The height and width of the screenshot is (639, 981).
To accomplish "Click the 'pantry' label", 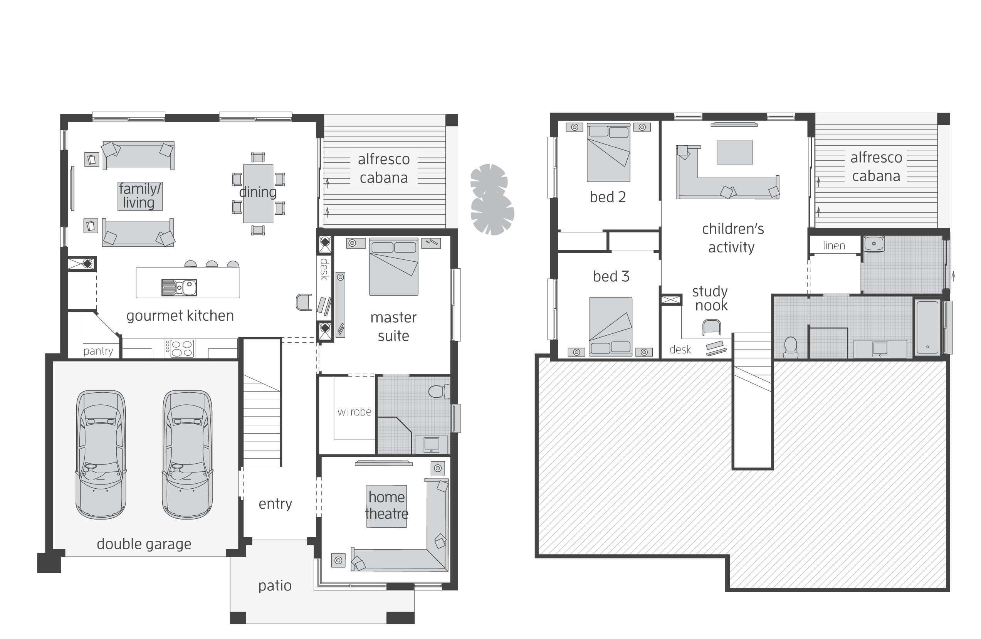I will pos(98,351).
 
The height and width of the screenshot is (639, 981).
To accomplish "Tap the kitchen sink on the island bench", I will pos(179,288).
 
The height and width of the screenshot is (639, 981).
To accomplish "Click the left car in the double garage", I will pos(101,454).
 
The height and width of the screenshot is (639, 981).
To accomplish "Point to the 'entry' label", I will pos(275,503).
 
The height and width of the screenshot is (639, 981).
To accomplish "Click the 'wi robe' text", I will pos(354,412).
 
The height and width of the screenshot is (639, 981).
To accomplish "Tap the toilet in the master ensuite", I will pos(438,391).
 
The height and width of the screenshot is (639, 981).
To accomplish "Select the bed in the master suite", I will pos(394,267).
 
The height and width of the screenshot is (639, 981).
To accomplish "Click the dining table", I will pos(258,193).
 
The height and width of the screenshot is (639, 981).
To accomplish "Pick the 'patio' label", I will pos(275,585).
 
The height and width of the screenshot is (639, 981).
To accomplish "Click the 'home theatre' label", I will pos(386,505).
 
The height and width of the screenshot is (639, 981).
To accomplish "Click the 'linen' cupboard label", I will pos(834,246).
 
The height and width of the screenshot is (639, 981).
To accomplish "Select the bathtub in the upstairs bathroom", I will pos(927,327).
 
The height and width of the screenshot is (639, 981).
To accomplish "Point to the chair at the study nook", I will pos(711,327).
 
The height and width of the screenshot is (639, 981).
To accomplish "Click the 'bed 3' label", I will pos(611,276).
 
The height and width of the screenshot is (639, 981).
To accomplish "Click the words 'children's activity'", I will pos(732,238).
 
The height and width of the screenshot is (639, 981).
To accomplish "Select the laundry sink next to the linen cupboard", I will pos(874,244).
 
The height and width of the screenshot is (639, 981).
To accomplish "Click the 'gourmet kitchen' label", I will pos(180,315).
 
